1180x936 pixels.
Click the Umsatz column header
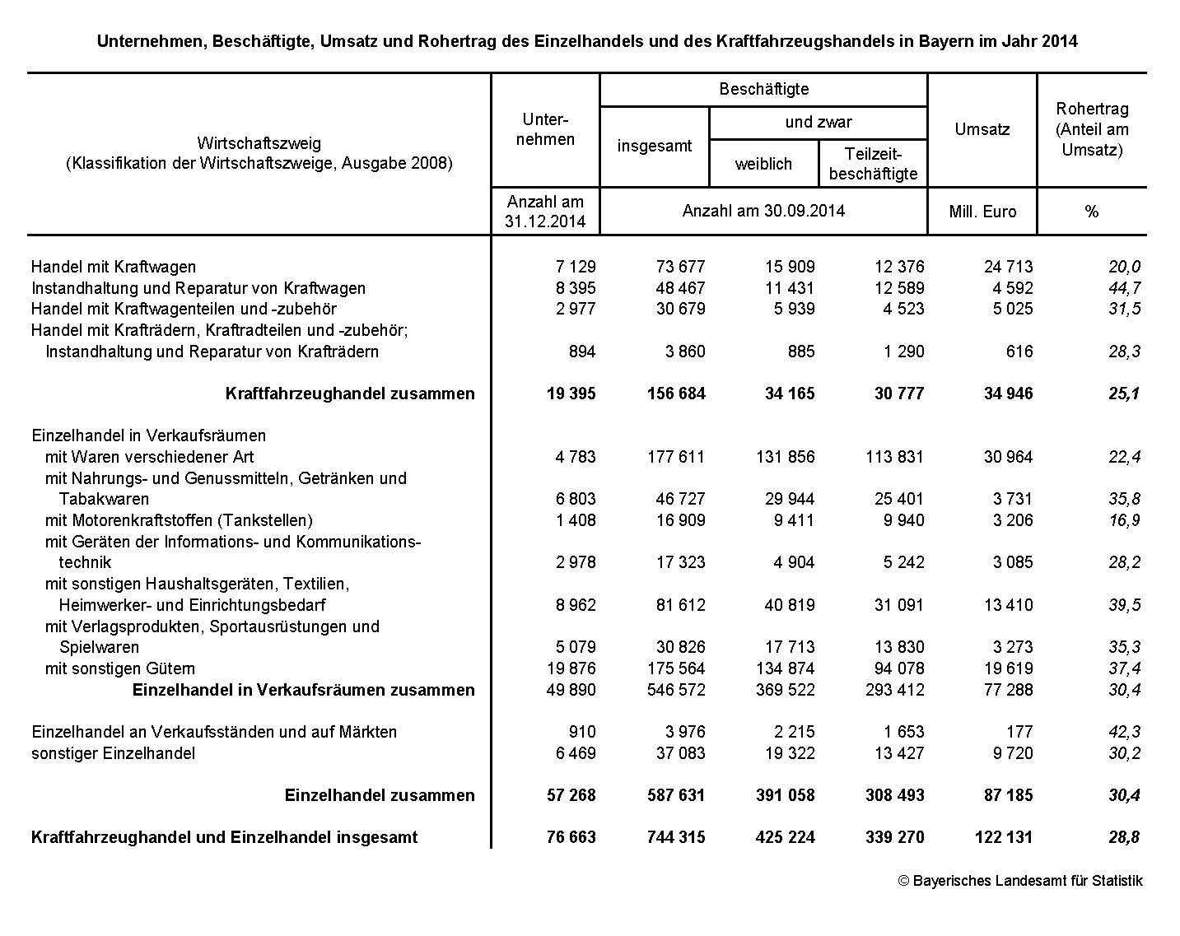coord(982,129)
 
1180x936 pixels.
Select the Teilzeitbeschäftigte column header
coord(873,164)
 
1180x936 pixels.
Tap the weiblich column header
coord(763,164)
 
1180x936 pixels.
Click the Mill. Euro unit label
coord(982,212)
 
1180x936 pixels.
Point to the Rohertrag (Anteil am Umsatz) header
coord(1092,129)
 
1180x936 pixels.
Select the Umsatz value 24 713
coord(1008,267)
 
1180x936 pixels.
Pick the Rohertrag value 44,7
coord(1124,288)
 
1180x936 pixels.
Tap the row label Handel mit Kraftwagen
coord(114,267)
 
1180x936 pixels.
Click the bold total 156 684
coord(676,393)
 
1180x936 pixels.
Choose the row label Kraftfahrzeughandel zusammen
coord(350,393)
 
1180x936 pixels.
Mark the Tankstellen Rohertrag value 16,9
coord(1124,520)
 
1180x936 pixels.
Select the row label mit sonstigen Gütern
coord(120,668)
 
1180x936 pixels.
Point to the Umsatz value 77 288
coord(1008,690)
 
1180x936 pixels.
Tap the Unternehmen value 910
coord(581,732)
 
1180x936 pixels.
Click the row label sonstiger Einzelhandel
coord(114,753)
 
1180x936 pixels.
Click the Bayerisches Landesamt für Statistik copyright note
coord(1020,881)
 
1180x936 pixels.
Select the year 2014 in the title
coord(1059,41)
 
